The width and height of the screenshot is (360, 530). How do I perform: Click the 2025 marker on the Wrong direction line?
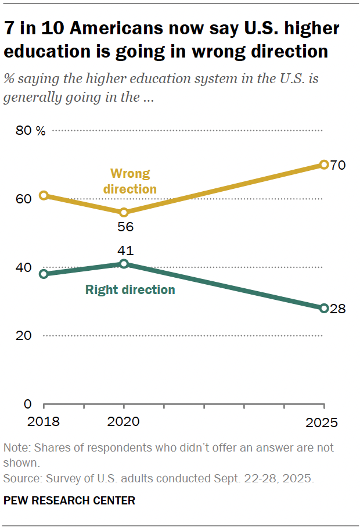tap(324, 165)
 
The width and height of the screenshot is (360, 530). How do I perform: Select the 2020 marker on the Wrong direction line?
tap(124, 213)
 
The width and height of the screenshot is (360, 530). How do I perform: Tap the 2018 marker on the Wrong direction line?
tap(44, 195)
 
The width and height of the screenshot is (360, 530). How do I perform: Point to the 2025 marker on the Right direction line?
tap(324, 308)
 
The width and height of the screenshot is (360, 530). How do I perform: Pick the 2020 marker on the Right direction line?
tap(124, 264)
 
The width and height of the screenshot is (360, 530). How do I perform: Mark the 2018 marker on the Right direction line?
tap(44, 274)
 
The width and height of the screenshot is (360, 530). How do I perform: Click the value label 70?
tap(338, 166)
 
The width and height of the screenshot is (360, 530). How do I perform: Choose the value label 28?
tap(337, 309)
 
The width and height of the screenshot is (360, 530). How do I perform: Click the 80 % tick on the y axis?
tap(30, 131)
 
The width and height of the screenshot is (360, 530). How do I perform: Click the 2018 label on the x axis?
tap(44, 421)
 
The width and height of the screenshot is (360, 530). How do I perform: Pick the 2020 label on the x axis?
tap(124, 421)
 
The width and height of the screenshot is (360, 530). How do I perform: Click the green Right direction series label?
tap(130, 289)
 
